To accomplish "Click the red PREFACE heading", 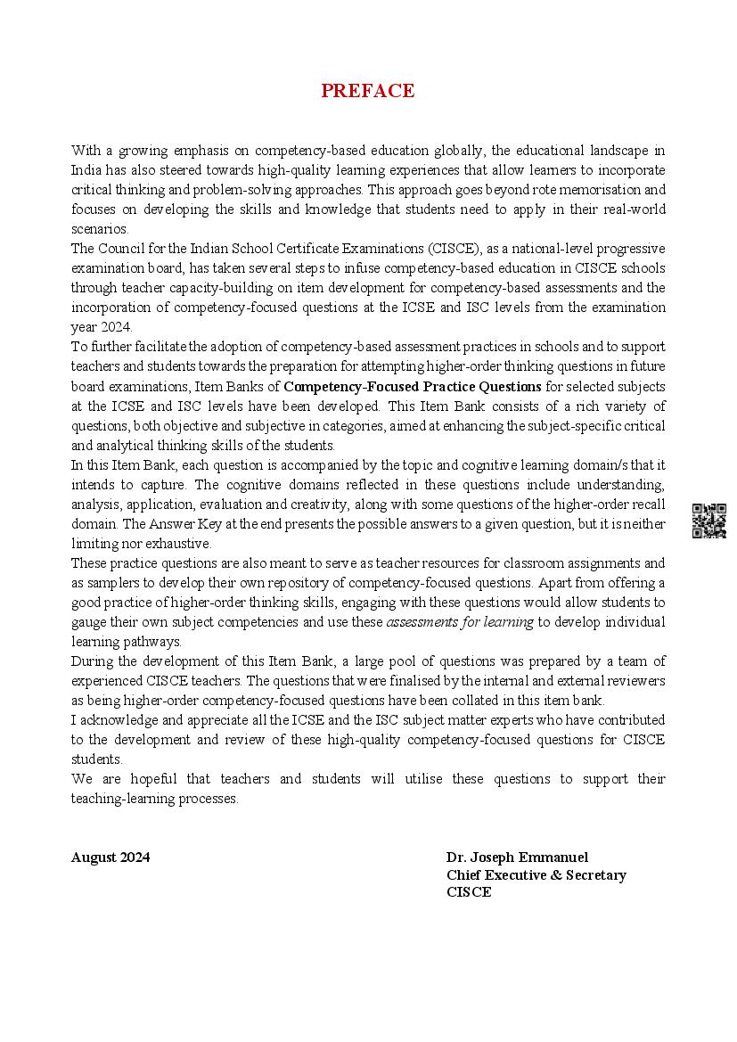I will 367,91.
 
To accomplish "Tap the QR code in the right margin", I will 709,521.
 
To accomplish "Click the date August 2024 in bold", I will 111,857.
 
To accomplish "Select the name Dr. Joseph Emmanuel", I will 518,857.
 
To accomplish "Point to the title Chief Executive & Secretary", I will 536,875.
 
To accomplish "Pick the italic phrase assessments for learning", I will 460,622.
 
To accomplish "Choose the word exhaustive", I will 182,544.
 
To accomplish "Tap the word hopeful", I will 159,779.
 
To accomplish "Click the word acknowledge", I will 116,720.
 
